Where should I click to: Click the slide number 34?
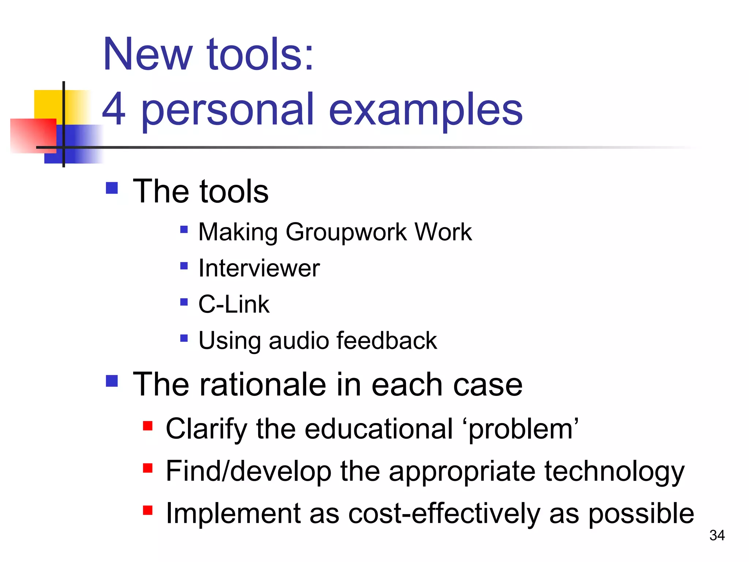point(717,535)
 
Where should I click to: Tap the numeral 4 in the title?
point(114,109)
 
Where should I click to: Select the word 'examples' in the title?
point(426,110)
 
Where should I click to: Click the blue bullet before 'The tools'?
point(112,188)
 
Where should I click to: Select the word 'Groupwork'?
point(346,232)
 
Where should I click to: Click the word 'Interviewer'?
point(259,269)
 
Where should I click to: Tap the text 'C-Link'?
point(234,304)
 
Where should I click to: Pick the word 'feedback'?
point(387,341)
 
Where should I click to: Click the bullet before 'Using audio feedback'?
point(184,338)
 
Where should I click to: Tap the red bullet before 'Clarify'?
point(148,426)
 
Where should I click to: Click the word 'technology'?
point(614,471)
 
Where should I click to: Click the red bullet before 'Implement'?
point(148,510)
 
